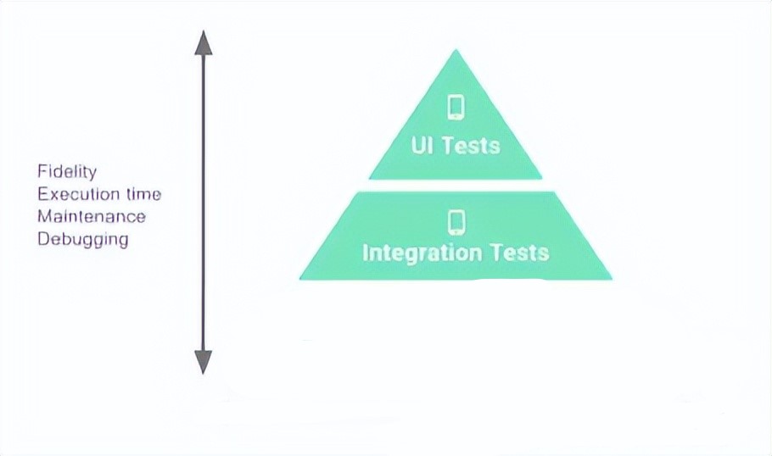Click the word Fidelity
tap(67, 172)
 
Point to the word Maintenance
tap(92, 216)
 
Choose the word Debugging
tap(83, 239)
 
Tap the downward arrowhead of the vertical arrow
tap(203, 362)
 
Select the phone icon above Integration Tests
tap(456, 222)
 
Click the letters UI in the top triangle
tap(422, 145)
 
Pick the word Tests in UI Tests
tap(471, 145)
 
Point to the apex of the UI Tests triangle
tap(456, 51)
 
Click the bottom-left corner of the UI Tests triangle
tap(371, 178)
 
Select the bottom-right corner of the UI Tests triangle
tap(540, 178)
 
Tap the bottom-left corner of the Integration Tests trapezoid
tap(301, 278)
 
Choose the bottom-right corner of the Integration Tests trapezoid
tap(610, 278)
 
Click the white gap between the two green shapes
tap(456, 186)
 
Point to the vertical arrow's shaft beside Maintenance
tap(203, 216)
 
